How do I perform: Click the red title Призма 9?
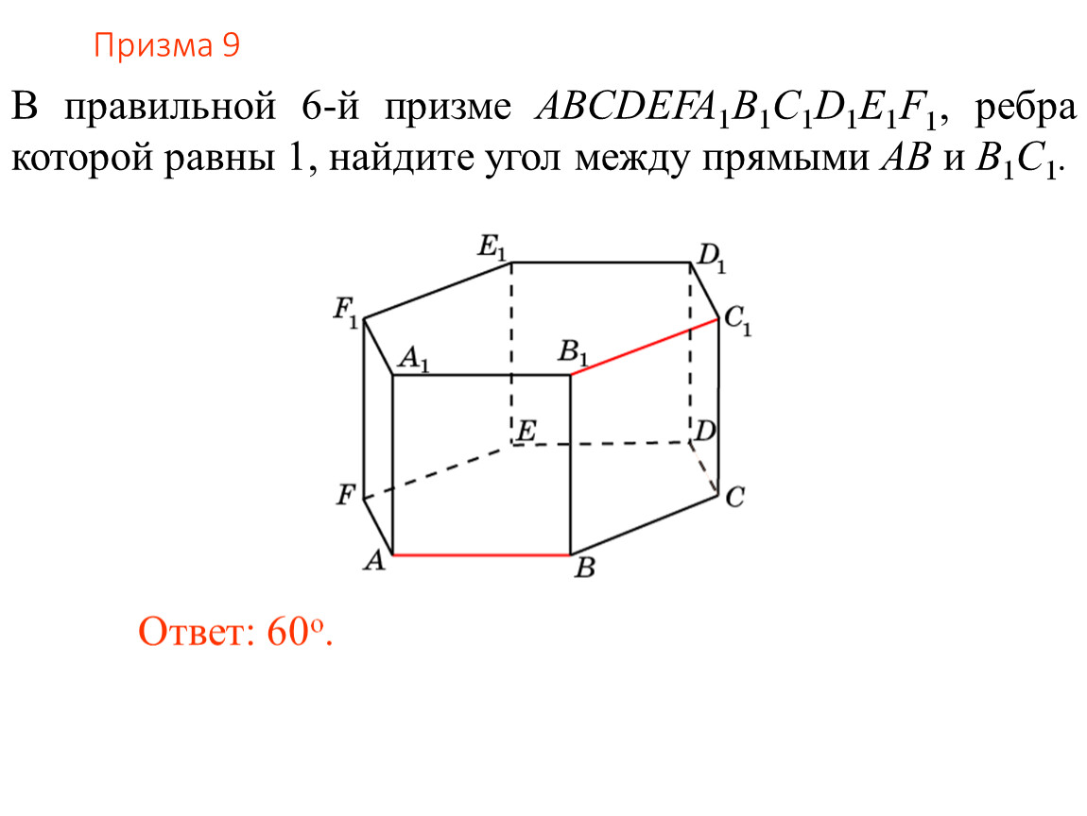click(166, 46)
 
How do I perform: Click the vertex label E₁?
click(492, 248)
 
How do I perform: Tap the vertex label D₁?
click(712, 258)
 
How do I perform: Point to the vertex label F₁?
click(345, 311)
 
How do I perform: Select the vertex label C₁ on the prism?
click(737, 321)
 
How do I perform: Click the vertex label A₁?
click(413, 360)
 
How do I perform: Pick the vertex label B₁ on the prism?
click(574, 352)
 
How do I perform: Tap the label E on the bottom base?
click(526, 431)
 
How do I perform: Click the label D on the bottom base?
click(705, 431)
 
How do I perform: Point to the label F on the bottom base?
click(346, 495)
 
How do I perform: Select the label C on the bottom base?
click(734, 498)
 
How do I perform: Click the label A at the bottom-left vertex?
click(374, 560)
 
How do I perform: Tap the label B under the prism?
click(585, 568)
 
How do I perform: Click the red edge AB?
click(481, 554)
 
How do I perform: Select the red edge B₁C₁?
click(644, 347)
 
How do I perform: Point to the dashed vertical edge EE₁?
click(511, 352)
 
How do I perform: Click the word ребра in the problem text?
click(1026, 110)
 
